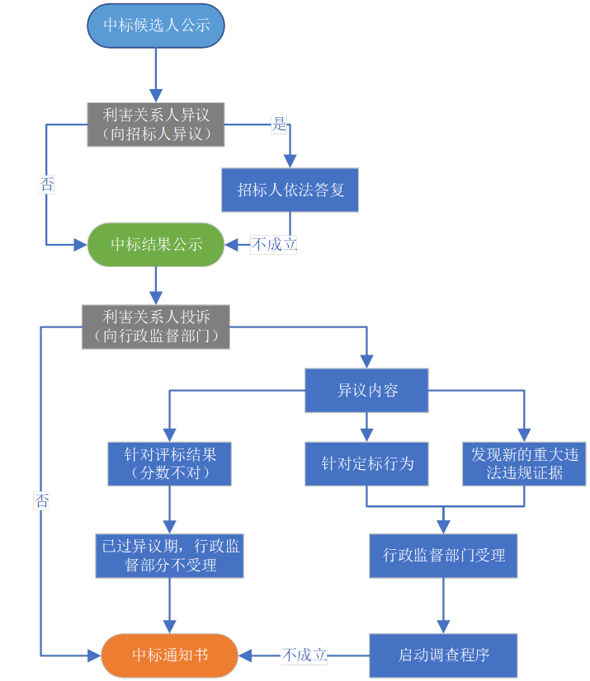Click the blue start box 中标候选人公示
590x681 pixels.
tap(156, 26)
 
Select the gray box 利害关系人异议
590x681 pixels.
tap(156, 124)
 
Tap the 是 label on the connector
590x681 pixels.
tap(280, 125)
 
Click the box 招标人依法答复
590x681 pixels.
tap(290, 190)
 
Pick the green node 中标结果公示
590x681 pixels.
tap(156, 244)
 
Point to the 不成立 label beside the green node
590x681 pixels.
tap(274, 244)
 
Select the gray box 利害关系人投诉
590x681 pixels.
tap(156, 326)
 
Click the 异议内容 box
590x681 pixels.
tap(367, 390)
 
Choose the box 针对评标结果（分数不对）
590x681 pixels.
tap(169, 463)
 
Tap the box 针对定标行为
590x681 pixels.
tap(367, 463)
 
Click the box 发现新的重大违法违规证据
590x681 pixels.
tap(524, 463)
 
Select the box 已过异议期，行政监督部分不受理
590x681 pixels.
tap(170, 556)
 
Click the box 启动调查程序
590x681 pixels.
tap(444, 655)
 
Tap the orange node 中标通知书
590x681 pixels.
tap(170, 655)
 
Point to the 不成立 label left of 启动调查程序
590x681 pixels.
tap(304, 655)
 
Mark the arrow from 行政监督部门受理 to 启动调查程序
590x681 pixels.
tap(444, 605)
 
